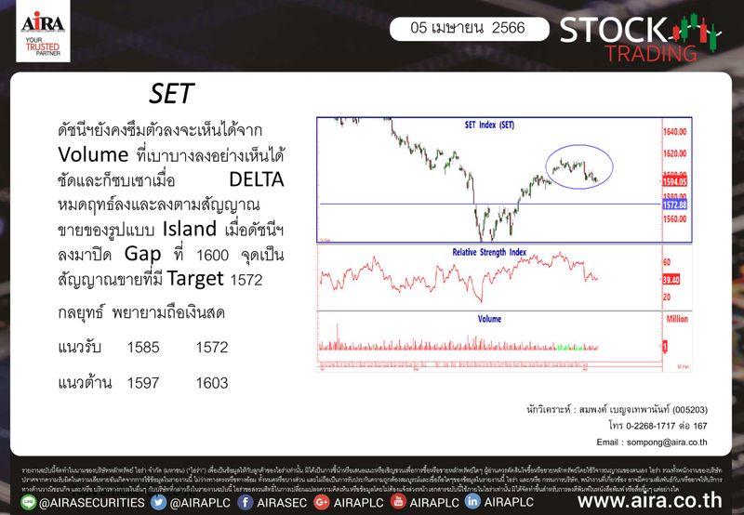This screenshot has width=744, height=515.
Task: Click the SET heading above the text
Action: coord(172,95)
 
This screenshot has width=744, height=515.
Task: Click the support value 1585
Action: coord(144,347)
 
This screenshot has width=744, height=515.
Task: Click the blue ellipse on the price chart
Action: coord(577,167)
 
